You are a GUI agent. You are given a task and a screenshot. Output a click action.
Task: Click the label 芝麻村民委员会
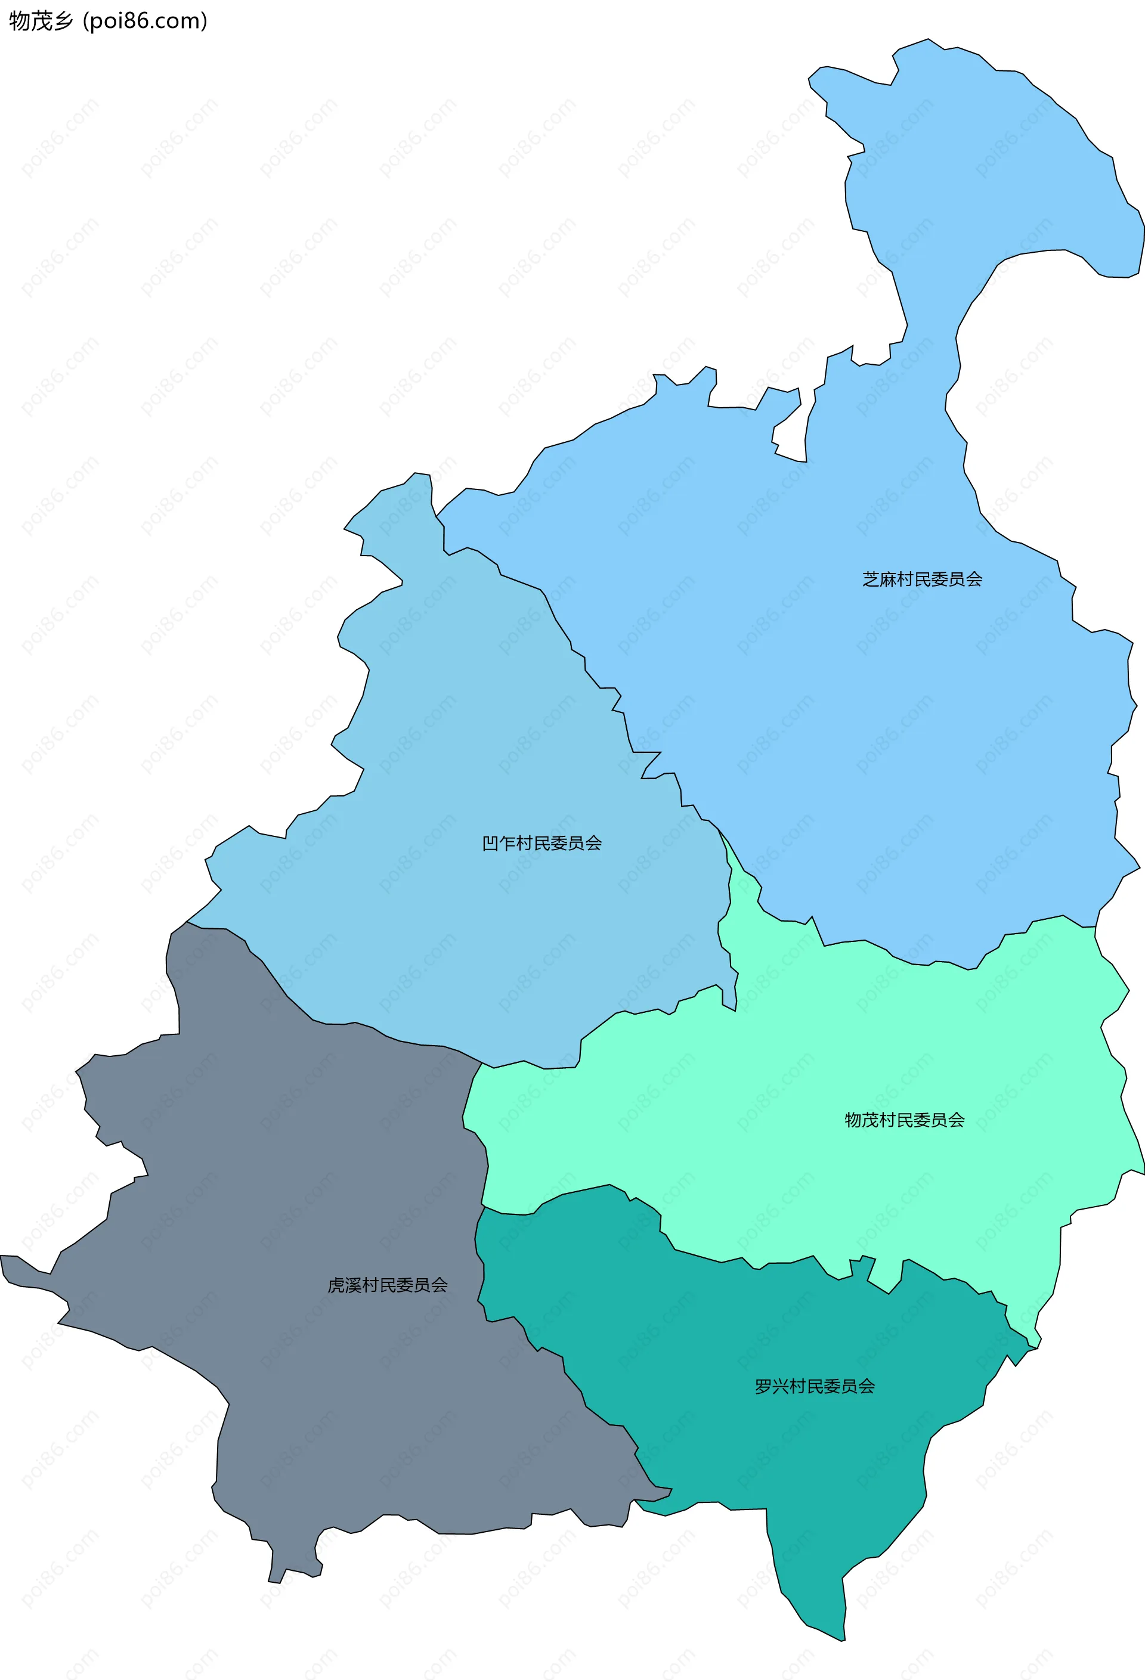pyautogui.click(x=922, y=579)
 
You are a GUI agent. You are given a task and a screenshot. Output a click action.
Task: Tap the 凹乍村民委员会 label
pyautogui.click(x=541, y=843)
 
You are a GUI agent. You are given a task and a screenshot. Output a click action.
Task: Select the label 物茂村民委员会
pyautogui.click(x=905, y=1120)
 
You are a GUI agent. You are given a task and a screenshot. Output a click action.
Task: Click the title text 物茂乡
pyautogui.click(x=41, y=21)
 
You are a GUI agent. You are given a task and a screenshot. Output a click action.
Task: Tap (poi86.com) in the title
pyautogui.click(x=146, y=21)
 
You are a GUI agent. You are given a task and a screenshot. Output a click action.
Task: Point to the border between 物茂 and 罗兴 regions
pyautogui.click(x=723, y=1262)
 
